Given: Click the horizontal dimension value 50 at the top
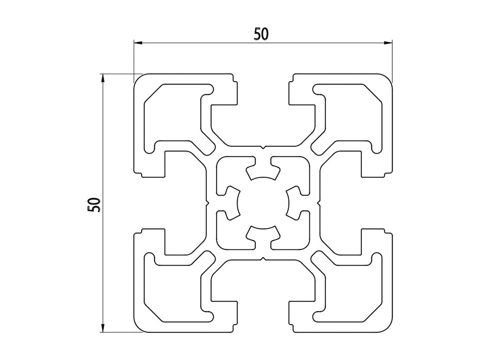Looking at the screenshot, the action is (x=261, y=34).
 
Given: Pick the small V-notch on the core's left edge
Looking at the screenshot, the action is (x=207, y=203).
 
